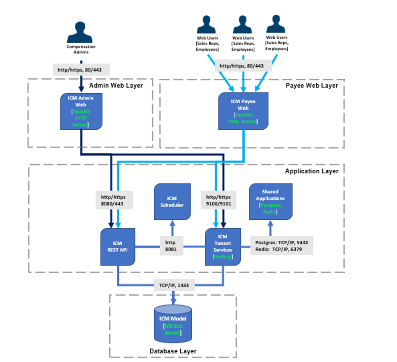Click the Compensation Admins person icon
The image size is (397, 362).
[81, 32]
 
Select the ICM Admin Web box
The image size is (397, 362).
[81, 111]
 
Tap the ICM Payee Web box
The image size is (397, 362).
[244, 111]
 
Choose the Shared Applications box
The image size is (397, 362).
[271, 201]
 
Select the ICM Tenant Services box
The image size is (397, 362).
[223, 247]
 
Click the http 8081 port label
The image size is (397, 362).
[171, 246]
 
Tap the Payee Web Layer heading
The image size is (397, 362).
[312, 85]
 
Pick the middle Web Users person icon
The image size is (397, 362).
[243, 25]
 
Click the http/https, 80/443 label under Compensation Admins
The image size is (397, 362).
[81, 70]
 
